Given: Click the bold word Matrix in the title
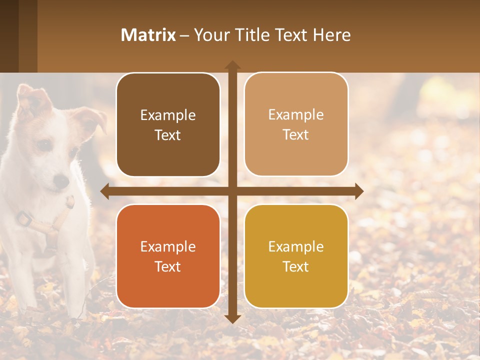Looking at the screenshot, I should [x=148, y=35].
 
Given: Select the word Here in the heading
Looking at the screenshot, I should [x=332, y=35].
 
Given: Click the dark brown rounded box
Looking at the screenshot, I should [x=168, y=124].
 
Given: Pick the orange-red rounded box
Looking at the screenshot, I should [x=168, y=256].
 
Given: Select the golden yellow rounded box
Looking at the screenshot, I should [x=296, y=256].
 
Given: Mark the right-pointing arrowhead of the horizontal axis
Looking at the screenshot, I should [x=359, y=191].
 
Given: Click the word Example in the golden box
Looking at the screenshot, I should [x=296, y=246].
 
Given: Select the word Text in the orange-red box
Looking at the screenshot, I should [x=168, y=266].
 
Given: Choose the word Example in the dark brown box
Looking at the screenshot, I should [x=168, y=115].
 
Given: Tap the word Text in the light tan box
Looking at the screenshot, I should [x=296, y=134].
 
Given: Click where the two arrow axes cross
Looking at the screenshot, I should [x=232, y=191].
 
